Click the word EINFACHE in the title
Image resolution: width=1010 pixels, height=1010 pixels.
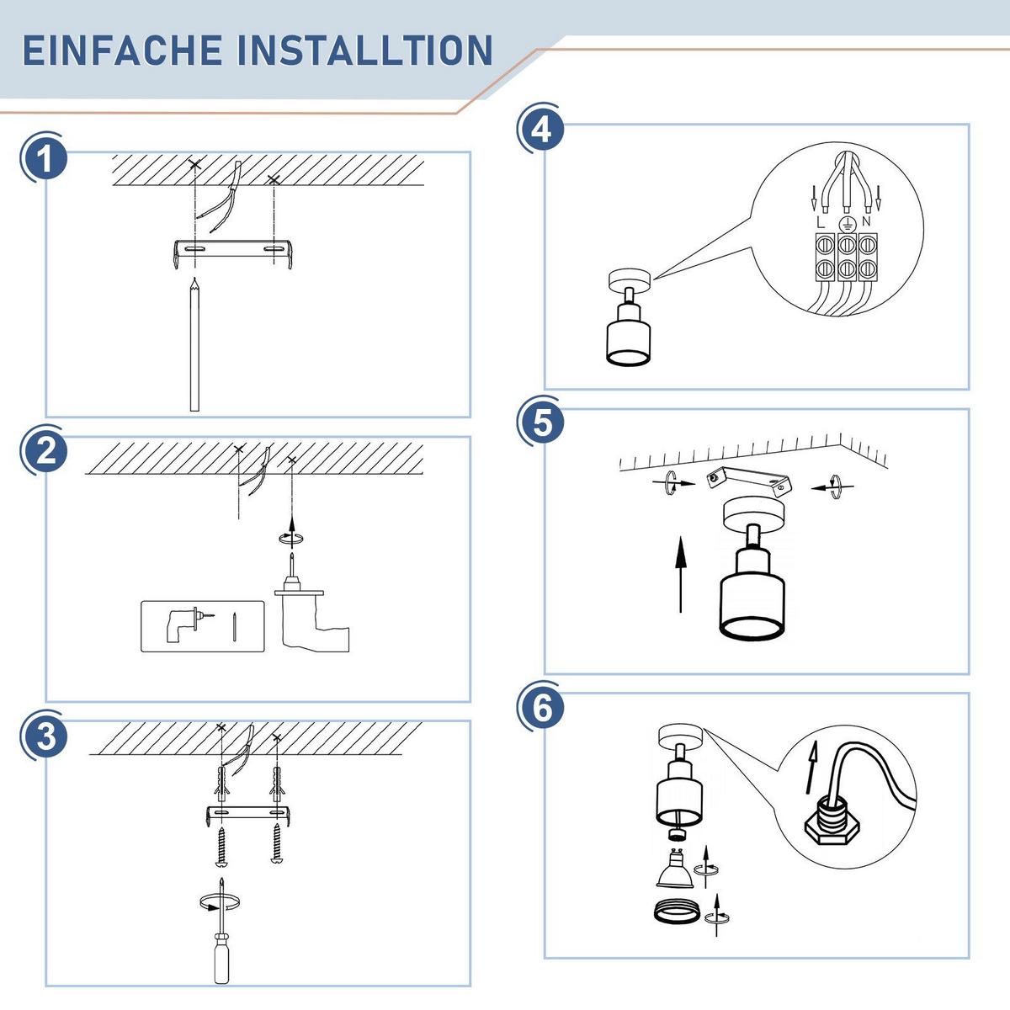tap(123, 50)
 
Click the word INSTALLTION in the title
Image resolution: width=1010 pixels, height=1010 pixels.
tap(365, 50)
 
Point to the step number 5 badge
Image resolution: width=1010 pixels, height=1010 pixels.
tap(543, 423)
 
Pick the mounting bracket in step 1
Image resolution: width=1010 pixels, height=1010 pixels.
tap(233, 253)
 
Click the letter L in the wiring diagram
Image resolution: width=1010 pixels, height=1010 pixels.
tap(821, 222)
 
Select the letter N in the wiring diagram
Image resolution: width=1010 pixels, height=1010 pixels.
tap(865, 221)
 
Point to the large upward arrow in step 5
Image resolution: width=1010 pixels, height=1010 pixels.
tap(680, 574)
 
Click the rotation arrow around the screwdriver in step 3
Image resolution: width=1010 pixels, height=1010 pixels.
tap(221, 902)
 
